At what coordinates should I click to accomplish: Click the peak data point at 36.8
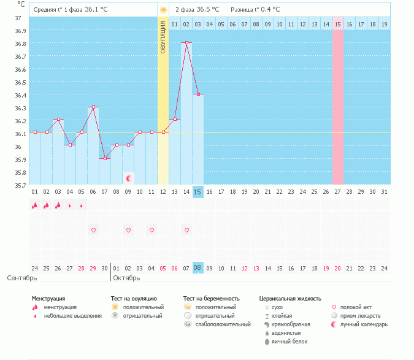(186, 43)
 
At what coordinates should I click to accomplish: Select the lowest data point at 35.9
(105, 158)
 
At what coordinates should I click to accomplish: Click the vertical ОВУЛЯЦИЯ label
(163, 36)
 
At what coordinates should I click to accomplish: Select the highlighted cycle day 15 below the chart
(197, 192)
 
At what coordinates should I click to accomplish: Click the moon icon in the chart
(129, 178)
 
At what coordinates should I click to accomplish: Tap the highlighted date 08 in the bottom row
(197, 268)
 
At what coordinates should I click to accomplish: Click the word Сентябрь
(21, 278)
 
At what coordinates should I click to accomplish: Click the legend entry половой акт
(356, 307)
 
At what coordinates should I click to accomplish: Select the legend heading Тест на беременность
(211, 298)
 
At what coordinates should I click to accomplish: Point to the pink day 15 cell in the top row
(337, 24)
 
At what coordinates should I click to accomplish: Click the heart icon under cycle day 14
(186, 230)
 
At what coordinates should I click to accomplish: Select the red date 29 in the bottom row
(93, 268)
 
